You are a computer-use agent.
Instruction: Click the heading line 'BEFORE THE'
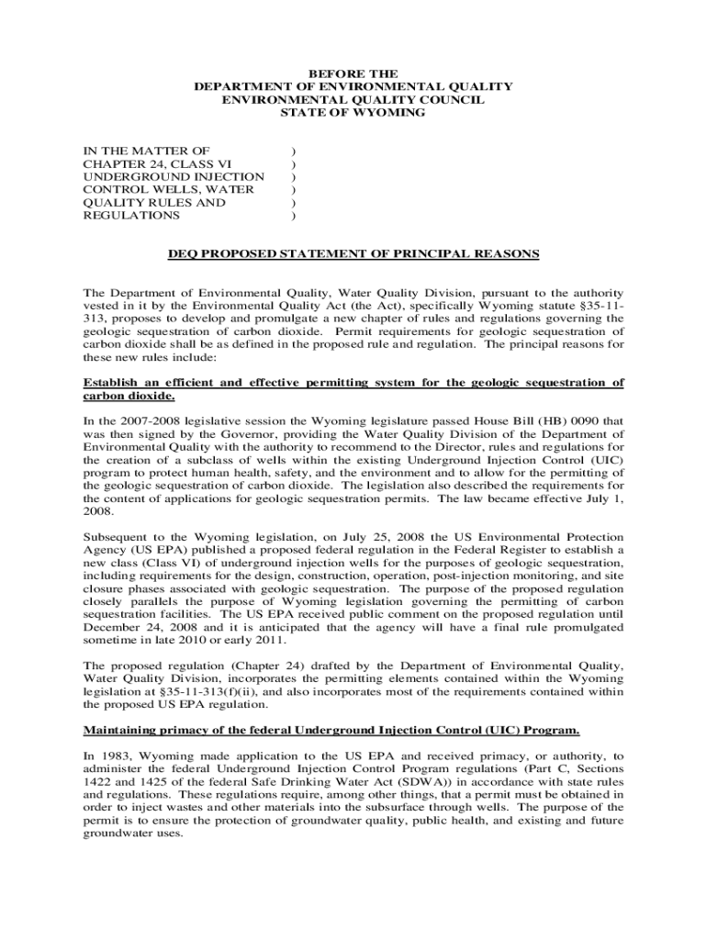[x=353, y=73]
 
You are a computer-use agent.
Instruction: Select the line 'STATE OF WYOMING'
[x=353, y=112]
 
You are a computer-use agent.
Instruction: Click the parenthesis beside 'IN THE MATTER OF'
[x=293, y=151]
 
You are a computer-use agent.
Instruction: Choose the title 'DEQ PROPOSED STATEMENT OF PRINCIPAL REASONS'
[x=353, y=253]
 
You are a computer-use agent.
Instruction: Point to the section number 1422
[x=99, y=782]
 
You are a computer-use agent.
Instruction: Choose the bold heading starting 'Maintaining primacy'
[x=331, y=731]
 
